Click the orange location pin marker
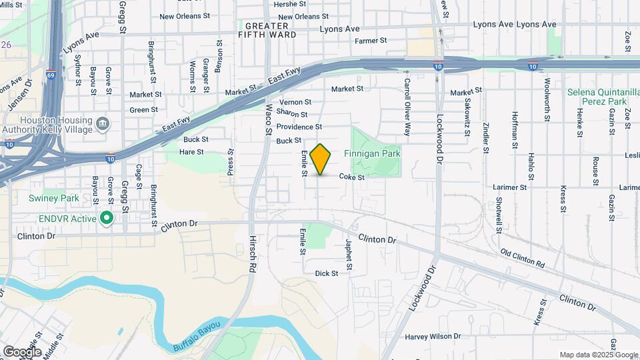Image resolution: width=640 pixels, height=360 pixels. pyautogui.click(x=321, y=159)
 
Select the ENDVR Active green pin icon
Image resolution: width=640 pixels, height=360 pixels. pyautogui.click(x=106, y=219)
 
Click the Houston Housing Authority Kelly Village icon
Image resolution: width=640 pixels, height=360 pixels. pyautogui.click(x=103, y=123)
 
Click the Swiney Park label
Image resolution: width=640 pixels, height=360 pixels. pyautogui.click(x=54, y=198)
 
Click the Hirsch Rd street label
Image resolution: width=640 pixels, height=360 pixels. pyautogui.click(x=253, y=252)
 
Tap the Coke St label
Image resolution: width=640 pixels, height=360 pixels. pyautogui.click(x=351, y=177)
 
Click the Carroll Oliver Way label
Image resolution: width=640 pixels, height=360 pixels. pyautogui.click(x=406, y=99)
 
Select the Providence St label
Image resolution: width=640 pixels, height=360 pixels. pyautogui.click(x=299, y=127)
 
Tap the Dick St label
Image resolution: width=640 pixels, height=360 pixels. pyautogui.click(x=327, y=273)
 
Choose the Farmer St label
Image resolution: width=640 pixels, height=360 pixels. pyautogui.click(x=371, y=41)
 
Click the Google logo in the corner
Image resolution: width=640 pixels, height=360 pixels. pyautogui.click(x=22, y=351)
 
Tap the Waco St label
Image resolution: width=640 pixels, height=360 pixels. pyautogui.click(x=269, y=119)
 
